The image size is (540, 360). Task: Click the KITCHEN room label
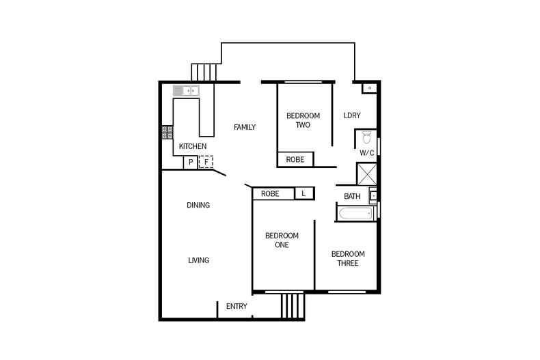[x=192, y=146]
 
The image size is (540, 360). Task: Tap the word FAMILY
[x=244, y=127]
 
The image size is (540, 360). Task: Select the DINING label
[x=198, y=205]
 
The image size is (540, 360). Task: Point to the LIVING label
[x=198, y=260]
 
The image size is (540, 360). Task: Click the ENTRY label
[x=237, y=307]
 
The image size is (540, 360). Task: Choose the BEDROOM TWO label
[x=303, y=120]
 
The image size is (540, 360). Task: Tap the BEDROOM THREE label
[x=348, y=258]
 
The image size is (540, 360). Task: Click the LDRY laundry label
[x=351, y=115]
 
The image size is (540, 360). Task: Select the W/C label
[x=366, y=153]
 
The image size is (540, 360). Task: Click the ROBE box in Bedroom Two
[x=295, y=160]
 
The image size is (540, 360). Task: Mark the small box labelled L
[x=303, y=194]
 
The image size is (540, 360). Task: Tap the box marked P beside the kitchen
[x=191, y=163]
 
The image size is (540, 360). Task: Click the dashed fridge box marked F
[x=206, y=163]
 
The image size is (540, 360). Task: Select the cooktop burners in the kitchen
[x=167, y=132]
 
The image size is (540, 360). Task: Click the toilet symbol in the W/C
[x=366, y=135]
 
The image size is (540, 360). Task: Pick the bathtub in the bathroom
[x=355, y=213]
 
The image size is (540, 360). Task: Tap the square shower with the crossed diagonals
[x=367, y=175]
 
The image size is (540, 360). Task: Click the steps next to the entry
[x=291, y=305]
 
